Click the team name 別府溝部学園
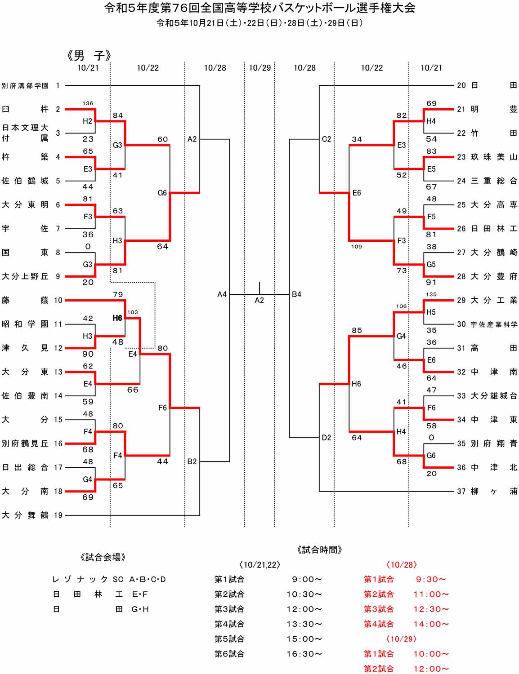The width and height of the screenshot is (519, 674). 25,85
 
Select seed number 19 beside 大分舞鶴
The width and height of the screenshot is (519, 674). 58,515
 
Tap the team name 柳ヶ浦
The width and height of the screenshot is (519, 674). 494,492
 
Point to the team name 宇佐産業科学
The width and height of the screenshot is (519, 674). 494,324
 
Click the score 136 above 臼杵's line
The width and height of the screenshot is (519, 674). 88,103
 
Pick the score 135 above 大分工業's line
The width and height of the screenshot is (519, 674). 431,294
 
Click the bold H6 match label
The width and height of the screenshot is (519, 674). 117,318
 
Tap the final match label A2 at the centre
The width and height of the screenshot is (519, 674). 259,300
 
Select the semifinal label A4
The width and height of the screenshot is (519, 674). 222,294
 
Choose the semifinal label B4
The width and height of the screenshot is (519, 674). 297,294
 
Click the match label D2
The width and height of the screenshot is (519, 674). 327,438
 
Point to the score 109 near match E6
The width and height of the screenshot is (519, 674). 357,247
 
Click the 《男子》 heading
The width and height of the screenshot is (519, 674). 89,56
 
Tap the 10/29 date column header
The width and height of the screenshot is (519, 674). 260,68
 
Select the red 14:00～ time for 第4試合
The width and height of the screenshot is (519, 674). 431,624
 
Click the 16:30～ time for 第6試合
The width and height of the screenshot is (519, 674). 304,654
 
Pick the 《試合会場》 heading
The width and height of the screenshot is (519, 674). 103,558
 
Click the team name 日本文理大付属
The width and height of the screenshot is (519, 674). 25,133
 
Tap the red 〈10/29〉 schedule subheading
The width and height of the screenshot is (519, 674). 402,639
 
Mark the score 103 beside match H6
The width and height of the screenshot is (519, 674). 133,312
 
